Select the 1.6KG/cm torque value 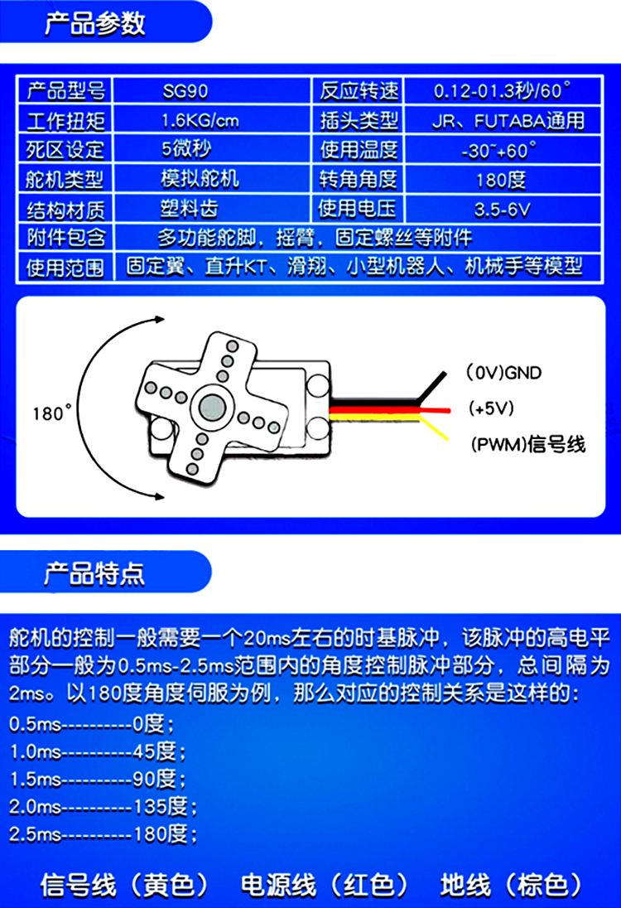(200, 121)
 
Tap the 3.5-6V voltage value (502, 209)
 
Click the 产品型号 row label (65, 90)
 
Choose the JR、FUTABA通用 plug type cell (508, 121)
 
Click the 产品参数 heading (94, 24)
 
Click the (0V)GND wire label (503, 373)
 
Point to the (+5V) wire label (492, 408)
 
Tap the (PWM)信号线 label (527, 445)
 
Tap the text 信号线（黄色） (124, 885)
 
